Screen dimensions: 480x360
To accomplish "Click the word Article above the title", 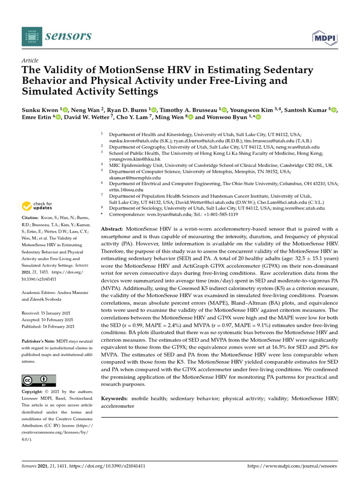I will tap(30, 61).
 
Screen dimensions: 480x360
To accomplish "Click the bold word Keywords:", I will tap(115, 398).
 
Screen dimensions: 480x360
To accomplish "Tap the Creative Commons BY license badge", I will tap(39, 381).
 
